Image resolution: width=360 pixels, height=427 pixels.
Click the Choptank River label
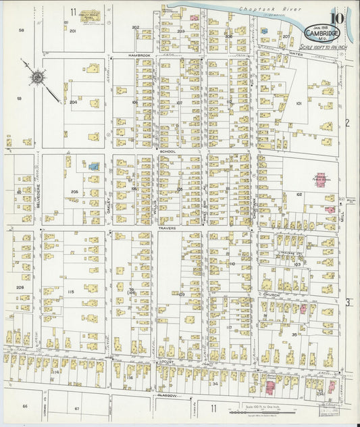pos(259,9)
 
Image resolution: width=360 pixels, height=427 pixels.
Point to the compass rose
pos(35,76)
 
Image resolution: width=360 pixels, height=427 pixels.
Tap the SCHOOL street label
pos(168,151)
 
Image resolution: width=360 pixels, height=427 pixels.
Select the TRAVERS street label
pos(168,228)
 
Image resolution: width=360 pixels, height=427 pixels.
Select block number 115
pos(70,291)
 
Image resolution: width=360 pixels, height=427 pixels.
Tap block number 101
pos(298,103)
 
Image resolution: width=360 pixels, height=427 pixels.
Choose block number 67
pos(76,409)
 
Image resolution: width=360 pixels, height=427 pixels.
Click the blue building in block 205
pos(95,166)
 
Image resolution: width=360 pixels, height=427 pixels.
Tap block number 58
pos(21,30)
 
